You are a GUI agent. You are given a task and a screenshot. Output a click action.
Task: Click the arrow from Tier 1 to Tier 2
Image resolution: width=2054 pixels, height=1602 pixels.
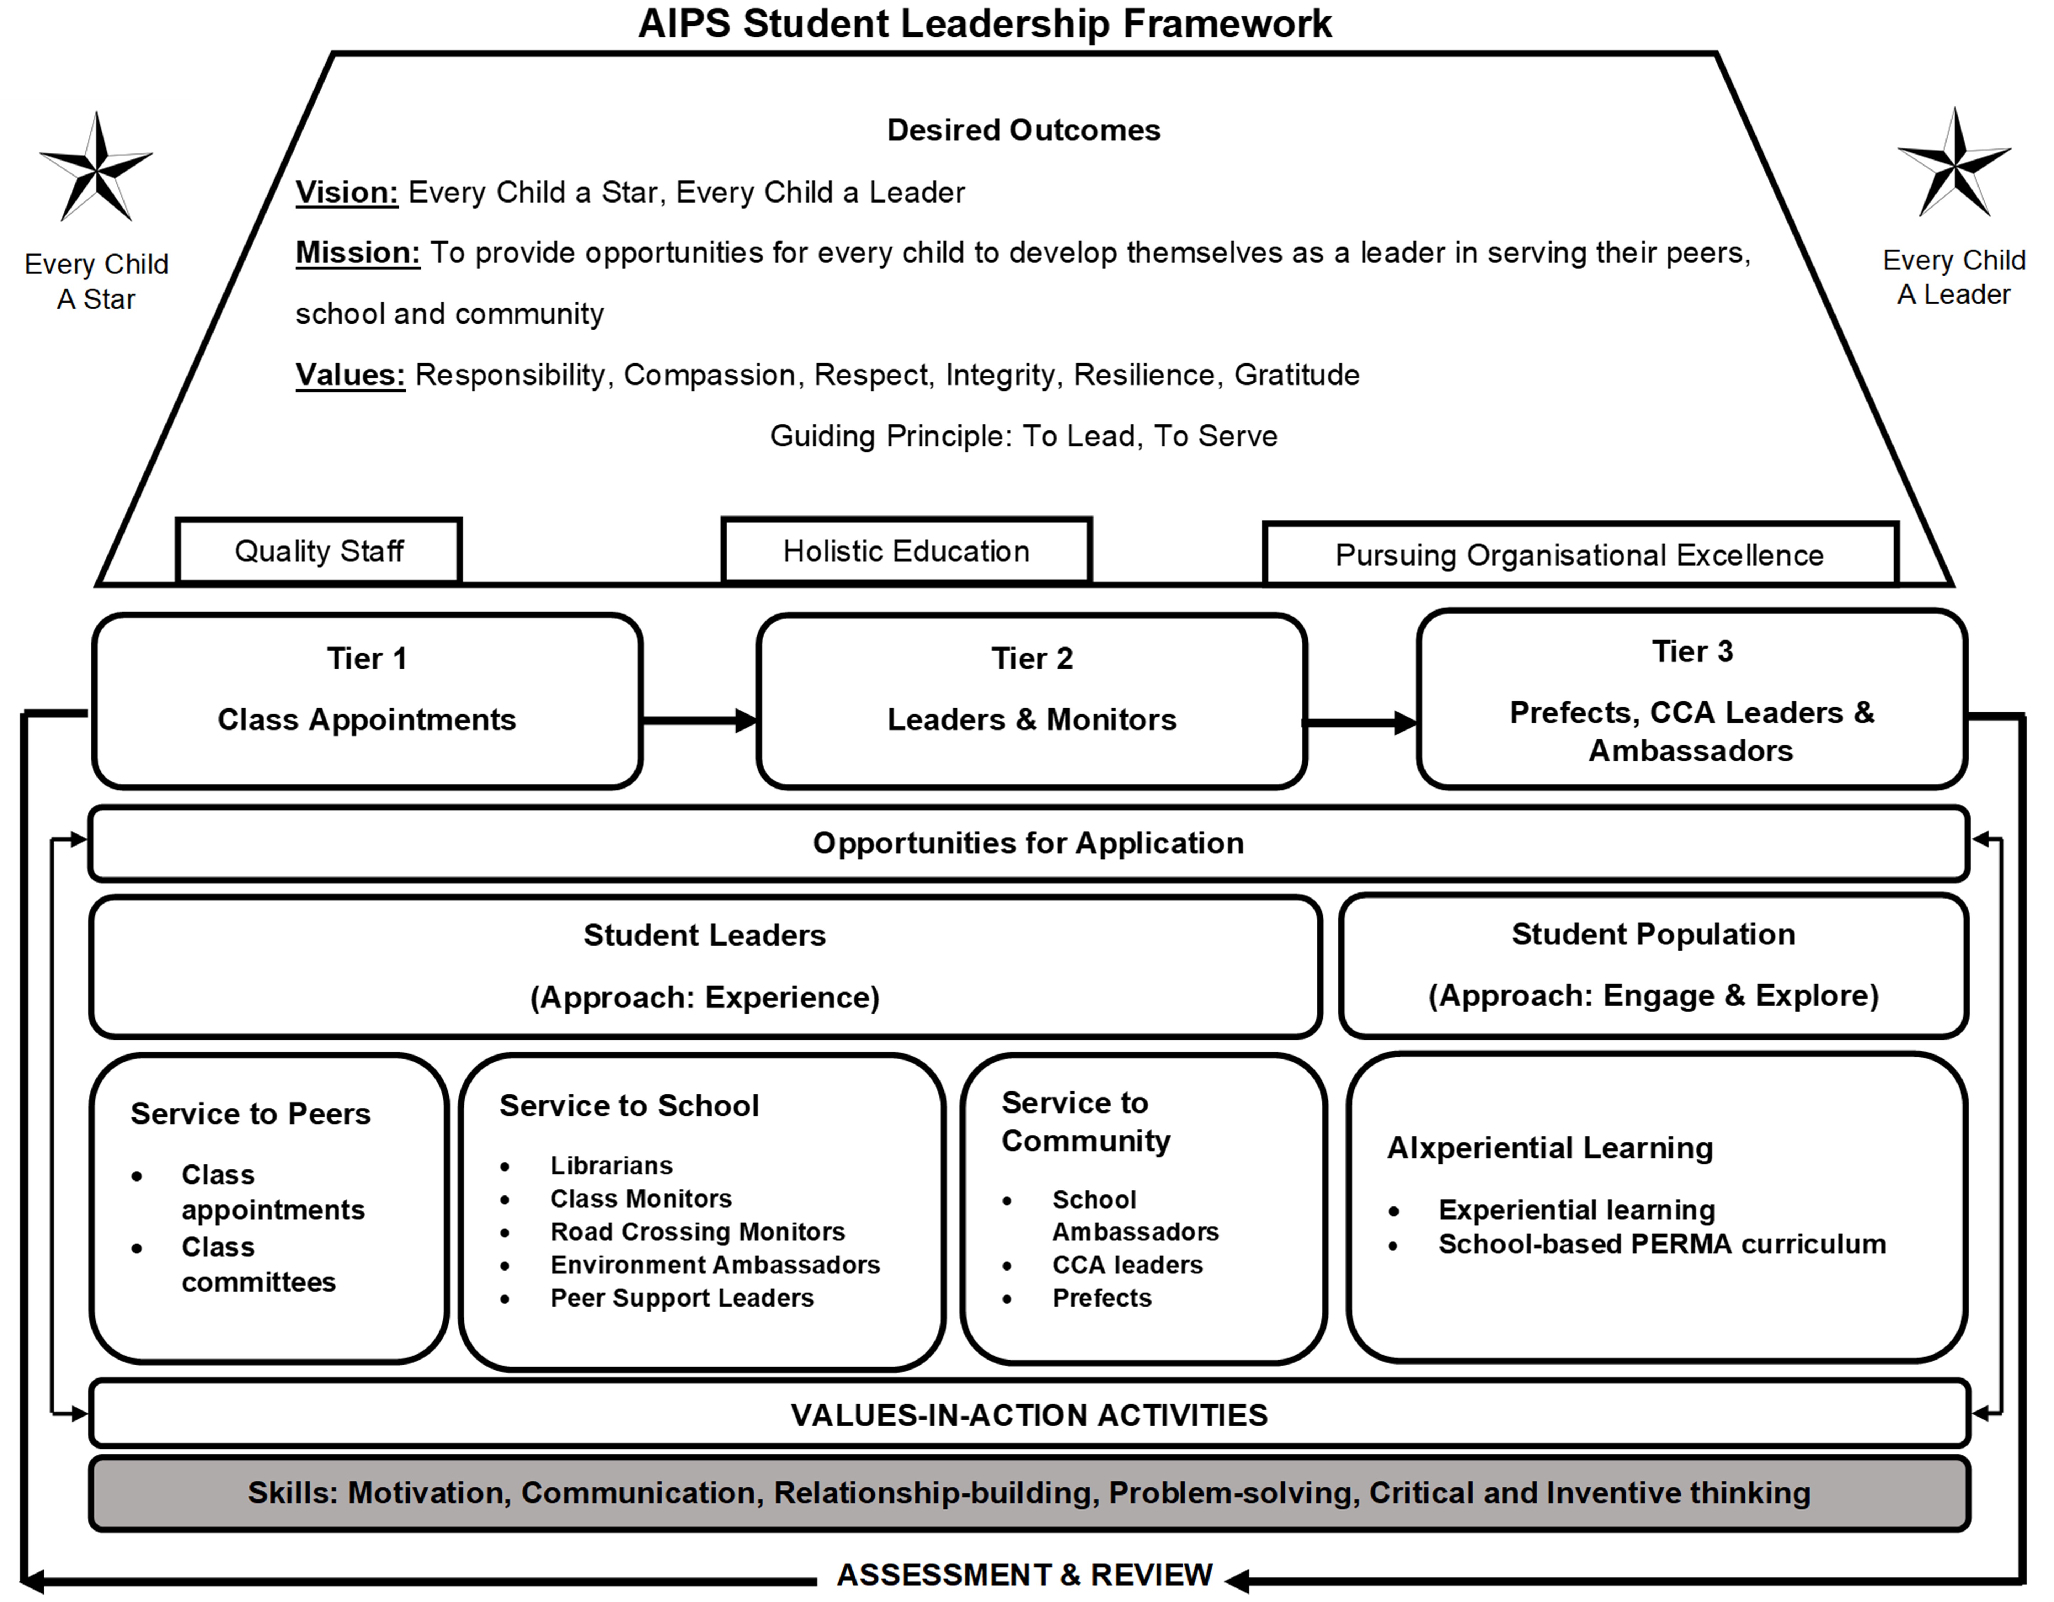(x=700, y=721)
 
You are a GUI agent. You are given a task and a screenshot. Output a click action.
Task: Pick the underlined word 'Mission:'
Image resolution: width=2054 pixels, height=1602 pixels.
(x=357, y=253)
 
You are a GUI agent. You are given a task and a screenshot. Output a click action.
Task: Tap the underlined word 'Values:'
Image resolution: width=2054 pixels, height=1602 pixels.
(x=350, y=375)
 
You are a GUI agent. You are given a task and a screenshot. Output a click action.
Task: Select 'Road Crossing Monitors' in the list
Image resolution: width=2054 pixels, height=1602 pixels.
(x=698, y=1232)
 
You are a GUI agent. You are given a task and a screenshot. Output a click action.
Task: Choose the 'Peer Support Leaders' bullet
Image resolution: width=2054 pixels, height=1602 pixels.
(x=682, y=1298)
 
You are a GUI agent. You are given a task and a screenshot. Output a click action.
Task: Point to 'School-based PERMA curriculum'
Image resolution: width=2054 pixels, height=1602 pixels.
(x=1662, y=1245)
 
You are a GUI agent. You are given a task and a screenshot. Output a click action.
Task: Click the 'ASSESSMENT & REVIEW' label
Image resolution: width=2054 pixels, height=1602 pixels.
(x=1025, y=1575)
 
